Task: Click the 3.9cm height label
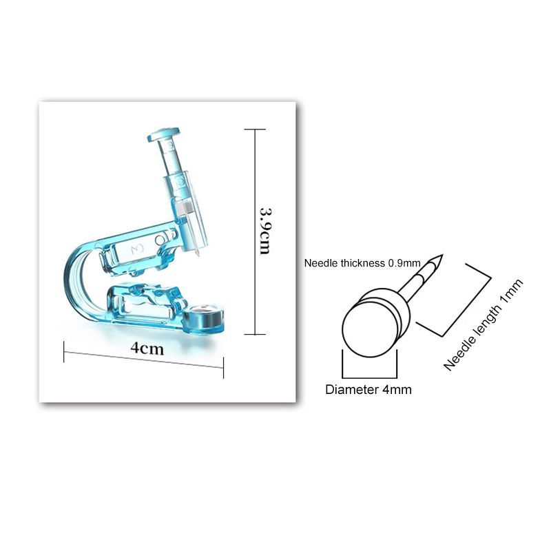264,231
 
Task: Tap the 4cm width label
147,349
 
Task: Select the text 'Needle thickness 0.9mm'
362,263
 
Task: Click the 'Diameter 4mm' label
368,389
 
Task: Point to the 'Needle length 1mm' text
484,325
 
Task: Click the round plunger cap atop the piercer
163,134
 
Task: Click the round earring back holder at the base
204,318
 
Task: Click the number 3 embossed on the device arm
137,249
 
